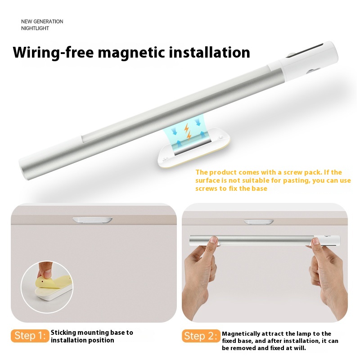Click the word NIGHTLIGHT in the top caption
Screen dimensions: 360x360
click(x=35, y=28)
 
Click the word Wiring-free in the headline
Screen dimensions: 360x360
click(x=53, y=53)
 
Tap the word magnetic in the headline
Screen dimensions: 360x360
click(x=131, y=53)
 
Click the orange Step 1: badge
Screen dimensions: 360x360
click(x=30, y=336)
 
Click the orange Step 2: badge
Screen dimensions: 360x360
click(x=201, y=336)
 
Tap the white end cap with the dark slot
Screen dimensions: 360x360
click(x=309, y=61)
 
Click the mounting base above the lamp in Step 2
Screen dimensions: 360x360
click(x=259, y=222)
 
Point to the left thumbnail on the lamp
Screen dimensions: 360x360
click(x=213, y=240)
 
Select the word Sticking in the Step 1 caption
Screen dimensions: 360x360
click(x=63, y=333)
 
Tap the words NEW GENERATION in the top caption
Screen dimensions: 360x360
click(x=42, y=22)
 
